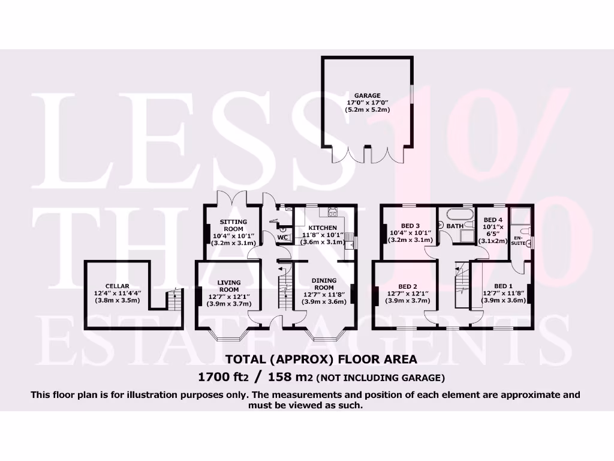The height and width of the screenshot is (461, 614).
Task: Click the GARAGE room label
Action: [367, 95]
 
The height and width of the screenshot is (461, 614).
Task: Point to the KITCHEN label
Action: [323, 227]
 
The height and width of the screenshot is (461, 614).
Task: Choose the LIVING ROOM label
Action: [228, 286]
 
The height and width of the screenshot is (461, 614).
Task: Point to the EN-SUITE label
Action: [517, 241]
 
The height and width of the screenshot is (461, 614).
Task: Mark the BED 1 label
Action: [503, 286]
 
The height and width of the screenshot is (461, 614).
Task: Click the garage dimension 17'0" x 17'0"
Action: [368, 103]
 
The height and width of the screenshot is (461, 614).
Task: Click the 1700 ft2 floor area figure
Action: [224, 377]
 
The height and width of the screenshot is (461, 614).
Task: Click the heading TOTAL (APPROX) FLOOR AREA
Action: [321, 360]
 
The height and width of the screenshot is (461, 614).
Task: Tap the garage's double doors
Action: [367, 154]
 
